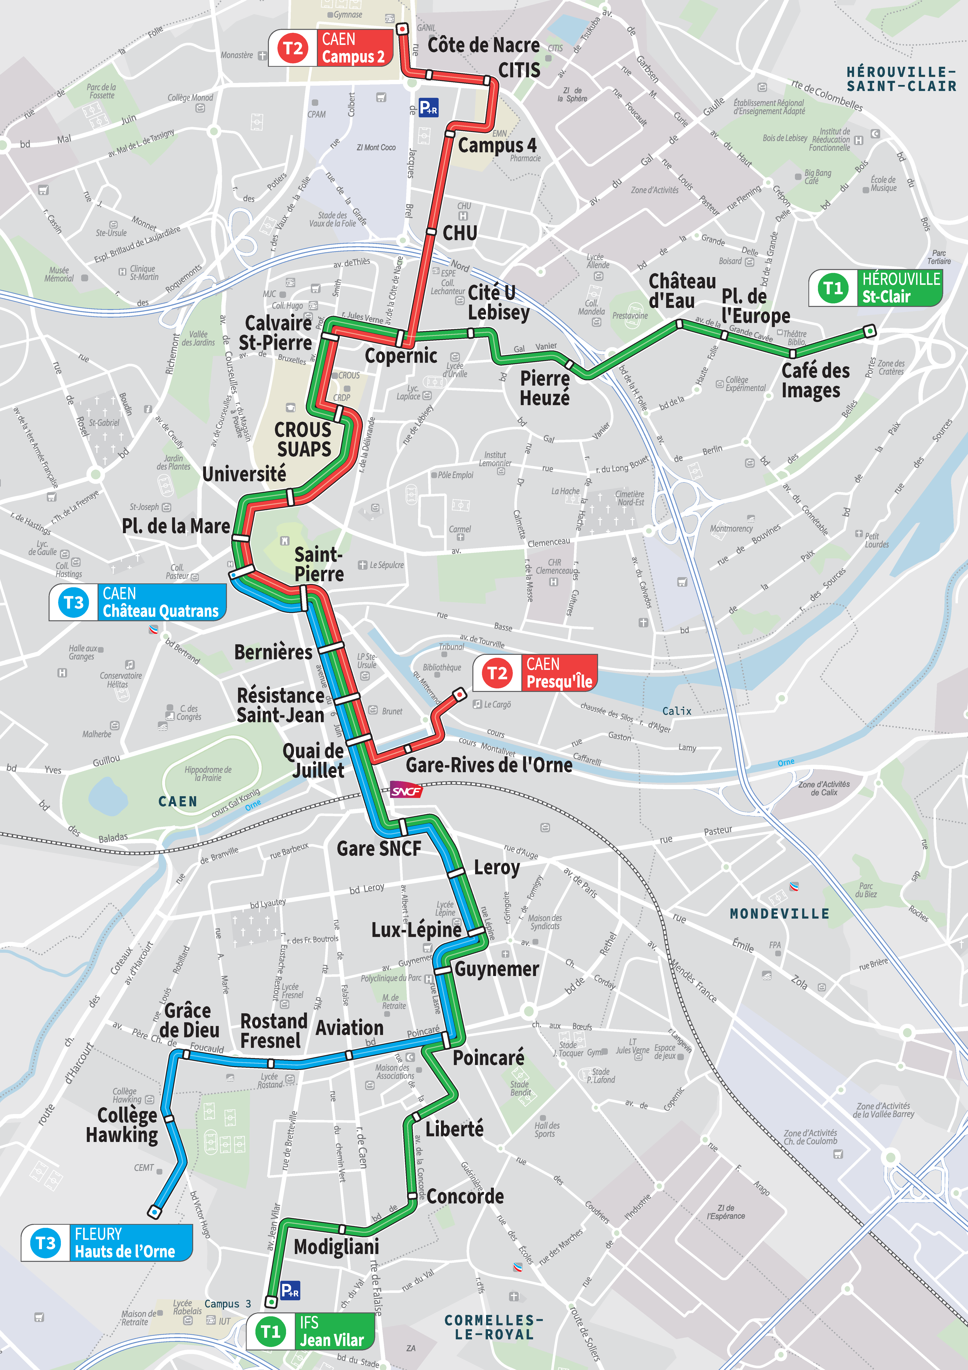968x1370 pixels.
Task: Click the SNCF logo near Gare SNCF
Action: [406, 791]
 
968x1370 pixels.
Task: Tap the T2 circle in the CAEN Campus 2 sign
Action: [293, 48]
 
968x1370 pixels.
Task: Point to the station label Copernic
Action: [401, 356]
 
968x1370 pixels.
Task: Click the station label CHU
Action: [459, 233]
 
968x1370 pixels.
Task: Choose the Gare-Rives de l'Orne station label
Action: [489, 765]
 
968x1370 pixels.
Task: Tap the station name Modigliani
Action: [336, 1246]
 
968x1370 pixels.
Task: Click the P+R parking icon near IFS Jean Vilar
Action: [290, 1291]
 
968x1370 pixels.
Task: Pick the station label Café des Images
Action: [815, 380]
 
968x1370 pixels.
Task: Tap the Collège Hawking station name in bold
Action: [122, 1125]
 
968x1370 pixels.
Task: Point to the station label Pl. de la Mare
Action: [176, 526]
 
